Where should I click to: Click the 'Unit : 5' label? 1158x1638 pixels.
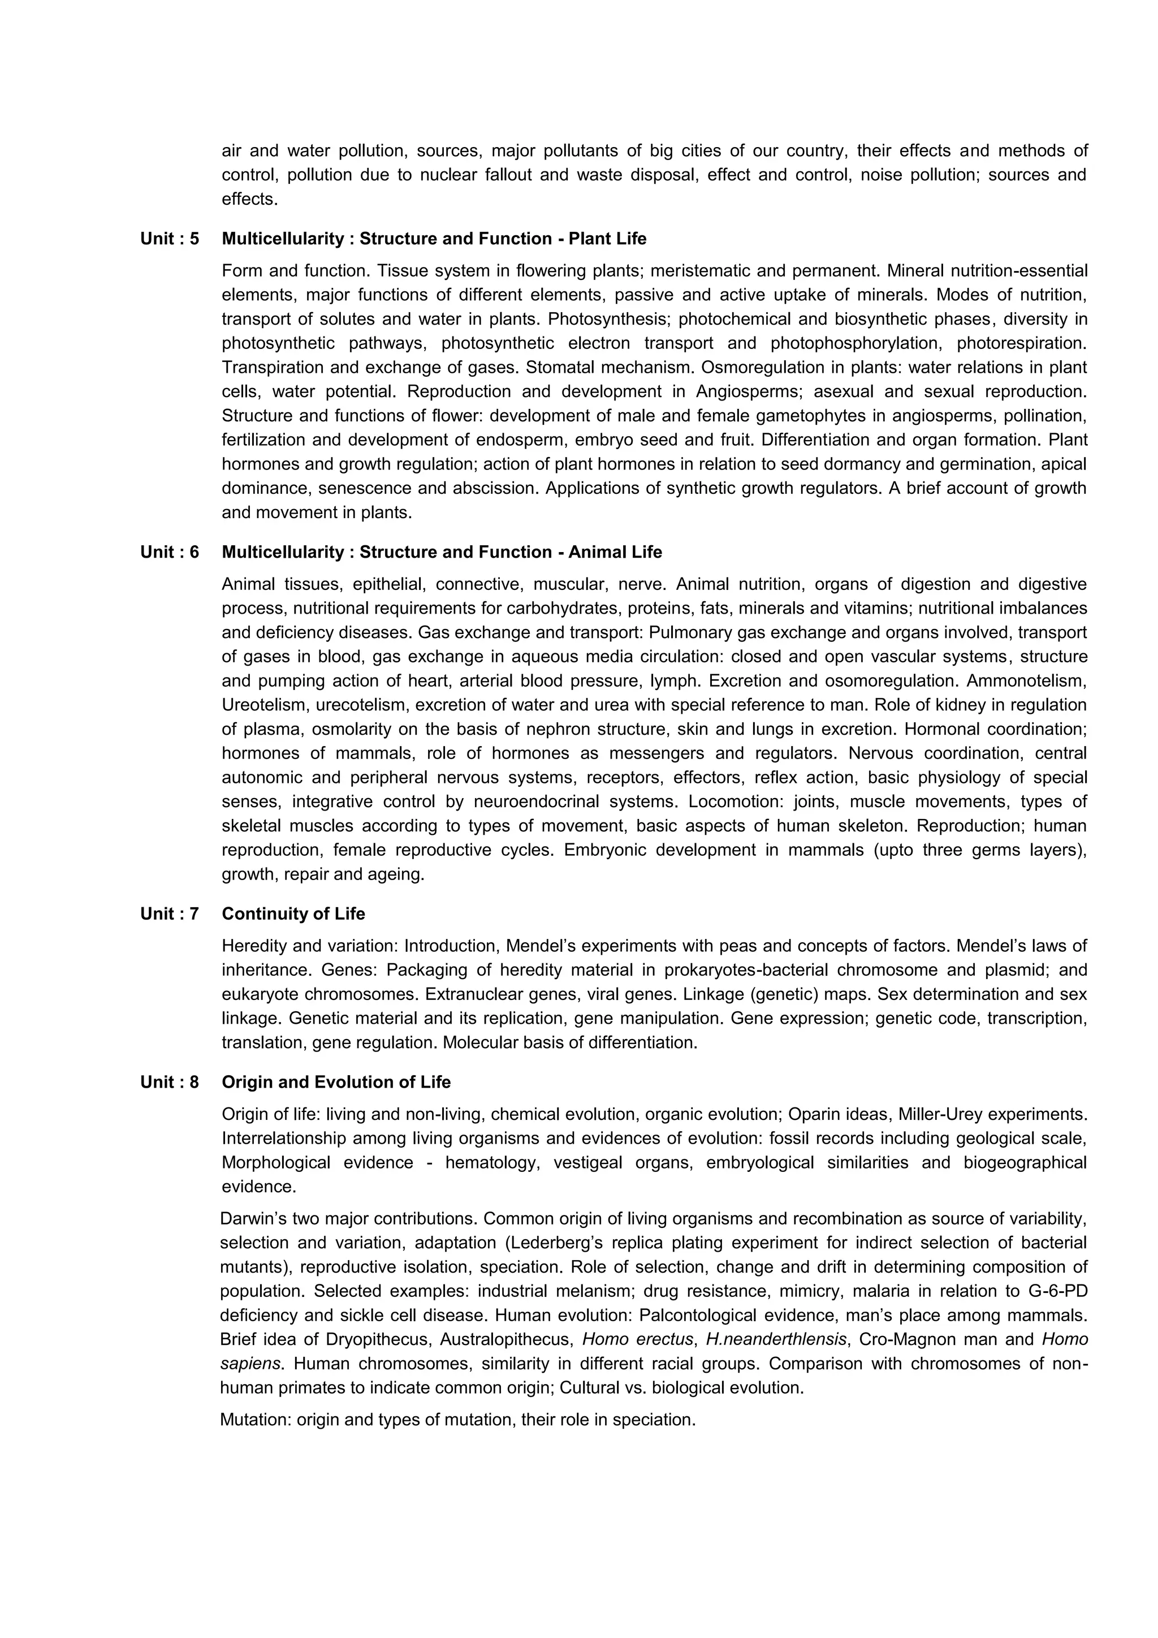pos(169,239)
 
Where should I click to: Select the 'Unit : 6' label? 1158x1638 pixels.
pos(169,552)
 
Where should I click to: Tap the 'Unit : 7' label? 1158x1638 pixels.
pos(169,914)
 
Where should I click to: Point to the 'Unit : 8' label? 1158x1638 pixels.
pos(169,1082)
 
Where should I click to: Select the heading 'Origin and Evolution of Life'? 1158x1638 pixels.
pos(336,1082)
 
